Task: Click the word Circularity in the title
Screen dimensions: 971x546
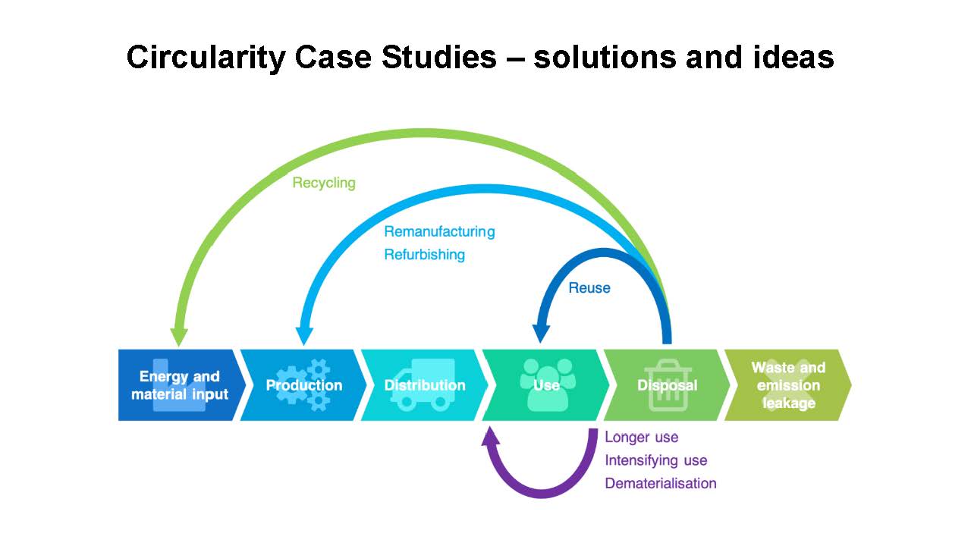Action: pos(206,58)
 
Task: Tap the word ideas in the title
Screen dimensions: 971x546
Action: pos(793,57)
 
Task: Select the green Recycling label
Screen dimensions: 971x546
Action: pos(324,183)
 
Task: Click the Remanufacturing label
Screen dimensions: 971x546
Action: pos(439,231)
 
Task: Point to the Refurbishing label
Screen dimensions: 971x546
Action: pos(424,254)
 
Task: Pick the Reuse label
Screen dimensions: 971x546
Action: pos(589,287)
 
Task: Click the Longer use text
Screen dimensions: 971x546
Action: pos(642,438)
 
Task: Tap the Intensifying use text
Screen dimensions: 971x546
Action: pos(656,460)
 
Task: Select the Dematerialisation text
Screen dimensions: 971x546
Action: pos(661,483)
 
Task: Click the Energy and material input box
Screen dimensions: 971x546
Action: pos(180,384)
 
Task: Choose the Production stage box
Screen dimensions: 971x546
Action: pos(303,384)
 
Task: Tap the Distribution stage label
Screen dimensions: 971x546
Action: pos(425,385)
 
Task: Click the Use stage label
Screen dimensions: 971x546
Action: pos(546,385)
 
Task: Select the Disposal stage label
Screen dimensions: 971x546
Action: pos(667,385)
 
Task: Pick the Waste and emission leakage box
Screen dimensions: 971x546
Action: pos(788,384)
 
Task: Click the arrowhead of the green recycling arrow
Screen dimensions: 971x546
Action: pos(178,337)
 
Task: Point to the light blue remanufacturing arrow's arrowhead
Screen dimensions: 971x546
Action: pos(304,336)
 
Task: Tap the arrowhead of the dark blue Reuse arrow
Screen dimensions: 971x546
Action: pos(541,334)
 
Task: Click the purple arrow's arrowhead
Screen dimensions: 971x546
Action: pos(490,435)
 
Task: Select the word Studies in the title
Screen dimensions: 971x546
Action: pos(438,57)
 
